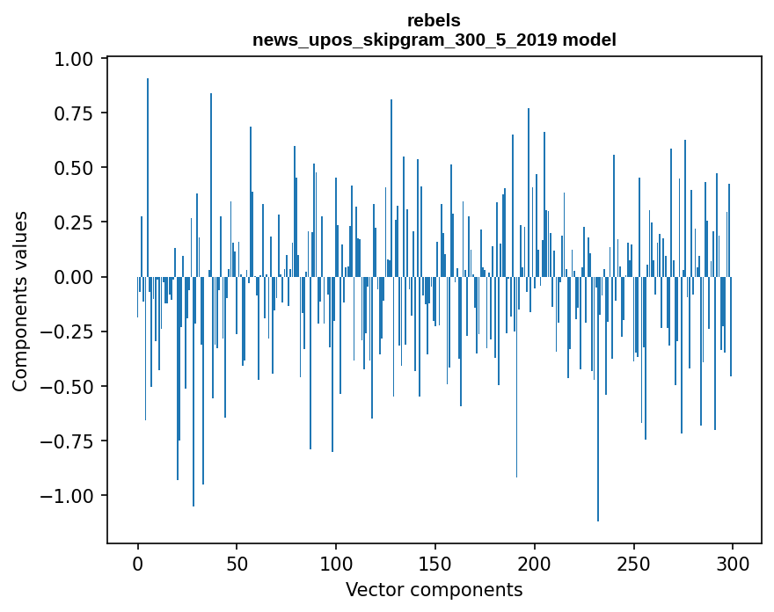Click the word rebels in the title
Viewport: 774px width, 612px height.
click(x=434, y=20)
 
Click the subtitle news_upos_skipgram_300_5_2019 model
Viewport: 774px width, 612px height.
click(x=434, y=40)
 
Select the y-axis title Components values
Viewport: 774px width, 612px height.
click(x=20, y=301)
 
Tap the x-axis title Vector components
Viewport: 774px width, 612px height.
click(x=434, y=589)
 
